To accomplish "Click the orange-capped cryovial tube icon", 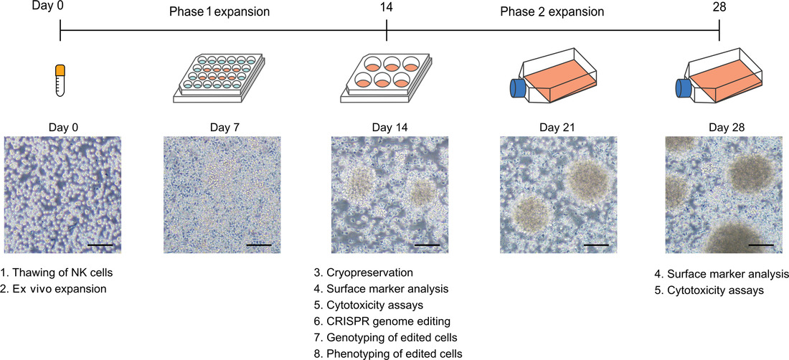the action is click(x=60, y=80).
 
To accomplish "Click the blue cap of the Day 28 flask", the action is click(x=682, y=88).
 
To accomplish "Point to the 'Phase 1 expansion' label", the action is click(x=219, y=11).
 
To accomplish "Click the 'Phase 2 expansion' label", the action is click(x=552, y=11).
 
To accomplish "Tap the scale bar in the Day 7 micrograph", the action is click(x=259, y=245).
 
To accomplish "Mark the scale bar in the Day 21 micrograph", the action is click(x=596, y=245).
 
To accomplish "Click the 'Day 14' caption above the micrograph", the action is click(x=389, y=127).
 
